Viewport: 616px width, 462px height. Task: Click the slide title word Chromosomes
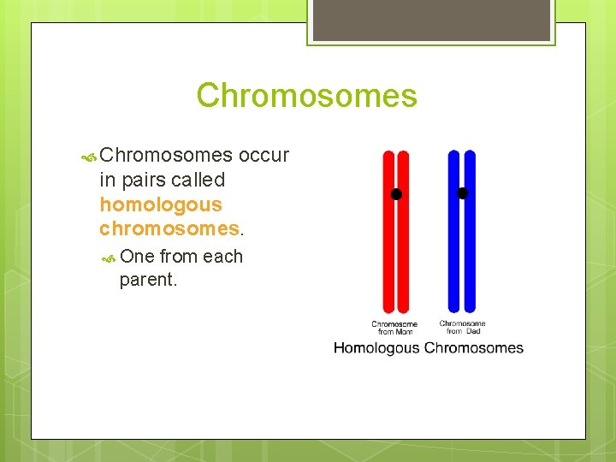[x=306, y=95]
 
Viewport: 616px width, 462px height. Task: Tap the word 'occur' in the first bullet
[x=264, y=156]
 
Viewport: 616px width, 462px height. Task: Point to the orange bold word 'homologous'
[x=160, y=205]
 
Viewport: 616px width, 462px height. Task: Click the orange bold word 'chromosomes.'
[x=171, y=229]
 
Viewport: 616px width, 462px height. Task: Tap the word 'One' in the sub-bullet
[x=137, y=257]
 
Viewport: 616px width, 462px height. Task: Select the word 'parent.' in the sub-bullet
[x=149, y=280]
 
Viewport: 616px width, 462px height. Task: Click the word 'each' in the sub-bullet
[x=222, y=257]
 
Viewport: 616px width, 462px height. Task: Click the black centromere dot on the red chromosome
[x=396, y=194]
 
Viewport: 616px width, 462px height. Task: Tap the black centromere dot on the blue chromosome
[x=463, y=193]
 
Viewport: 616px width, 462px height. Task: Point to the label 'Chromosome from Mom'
[x=394, y=328]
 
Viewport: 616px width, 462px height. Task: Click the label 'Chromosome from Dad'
[x=462, y=327]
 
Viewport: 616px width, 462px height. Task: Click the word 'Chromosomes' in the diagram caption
[x=473, y=348]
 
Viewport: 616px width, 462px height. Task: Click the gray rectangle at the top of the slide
[x=430, y=20]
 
